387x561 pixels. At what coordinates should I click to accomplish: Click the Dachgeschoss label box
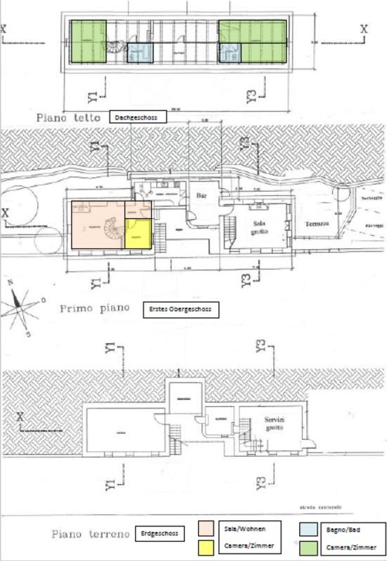138,117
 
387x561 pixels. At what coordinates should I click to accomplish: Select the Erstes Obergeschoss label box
181,309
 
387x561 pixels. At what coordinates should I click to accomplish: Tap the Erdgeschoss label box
160,533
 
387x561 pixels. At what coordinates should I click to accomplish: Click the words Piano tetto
68,118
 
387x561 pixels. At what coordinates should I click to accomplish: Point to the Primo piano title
94,309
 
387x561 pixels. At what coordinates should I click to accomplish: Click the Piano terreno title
90,534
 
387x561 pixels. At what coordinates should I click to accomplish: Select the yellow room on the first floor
138,234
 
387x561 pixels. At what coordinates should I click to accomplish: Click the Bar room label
202,195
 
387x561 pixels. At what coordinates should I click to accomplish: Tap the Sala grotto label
260,227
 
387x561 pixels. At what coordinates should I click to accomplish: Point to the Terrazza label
317,223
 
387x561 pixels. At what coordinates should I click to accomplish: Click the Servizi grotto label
274,423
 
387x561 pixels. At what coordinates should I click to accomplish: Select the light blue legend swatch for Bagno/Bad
308,529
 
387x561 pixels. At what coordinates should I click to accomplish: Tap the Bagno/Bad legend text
343,530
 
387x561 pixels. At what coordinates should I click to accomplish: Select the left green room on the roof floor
89,41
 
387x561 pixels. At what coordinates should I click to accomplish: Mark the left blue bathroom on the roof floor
140,53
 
